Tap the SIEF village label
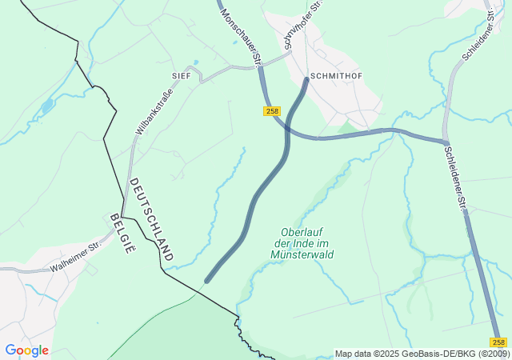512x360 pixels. point(182,74)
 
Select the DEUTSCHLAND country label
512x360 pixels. point(150,219)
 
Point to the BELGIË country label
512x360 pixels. point(121,234)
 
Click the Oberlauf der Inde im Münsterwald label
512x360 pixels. point(302,242)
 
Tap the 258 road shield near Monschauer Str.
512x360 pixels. point(272,111)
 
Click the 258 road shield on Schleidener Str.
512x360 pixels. point(498,342)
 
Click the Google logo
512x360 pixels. point(26,350)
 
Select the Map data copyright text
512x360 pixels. point(421,354)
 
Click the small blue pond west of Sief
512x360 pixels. point(48,104)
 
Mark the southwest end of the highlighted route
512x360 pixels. point(207,281)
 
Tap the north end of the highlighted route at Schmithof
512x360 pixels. point(306,79)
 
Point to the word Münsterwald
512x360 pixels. point(302,254)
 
